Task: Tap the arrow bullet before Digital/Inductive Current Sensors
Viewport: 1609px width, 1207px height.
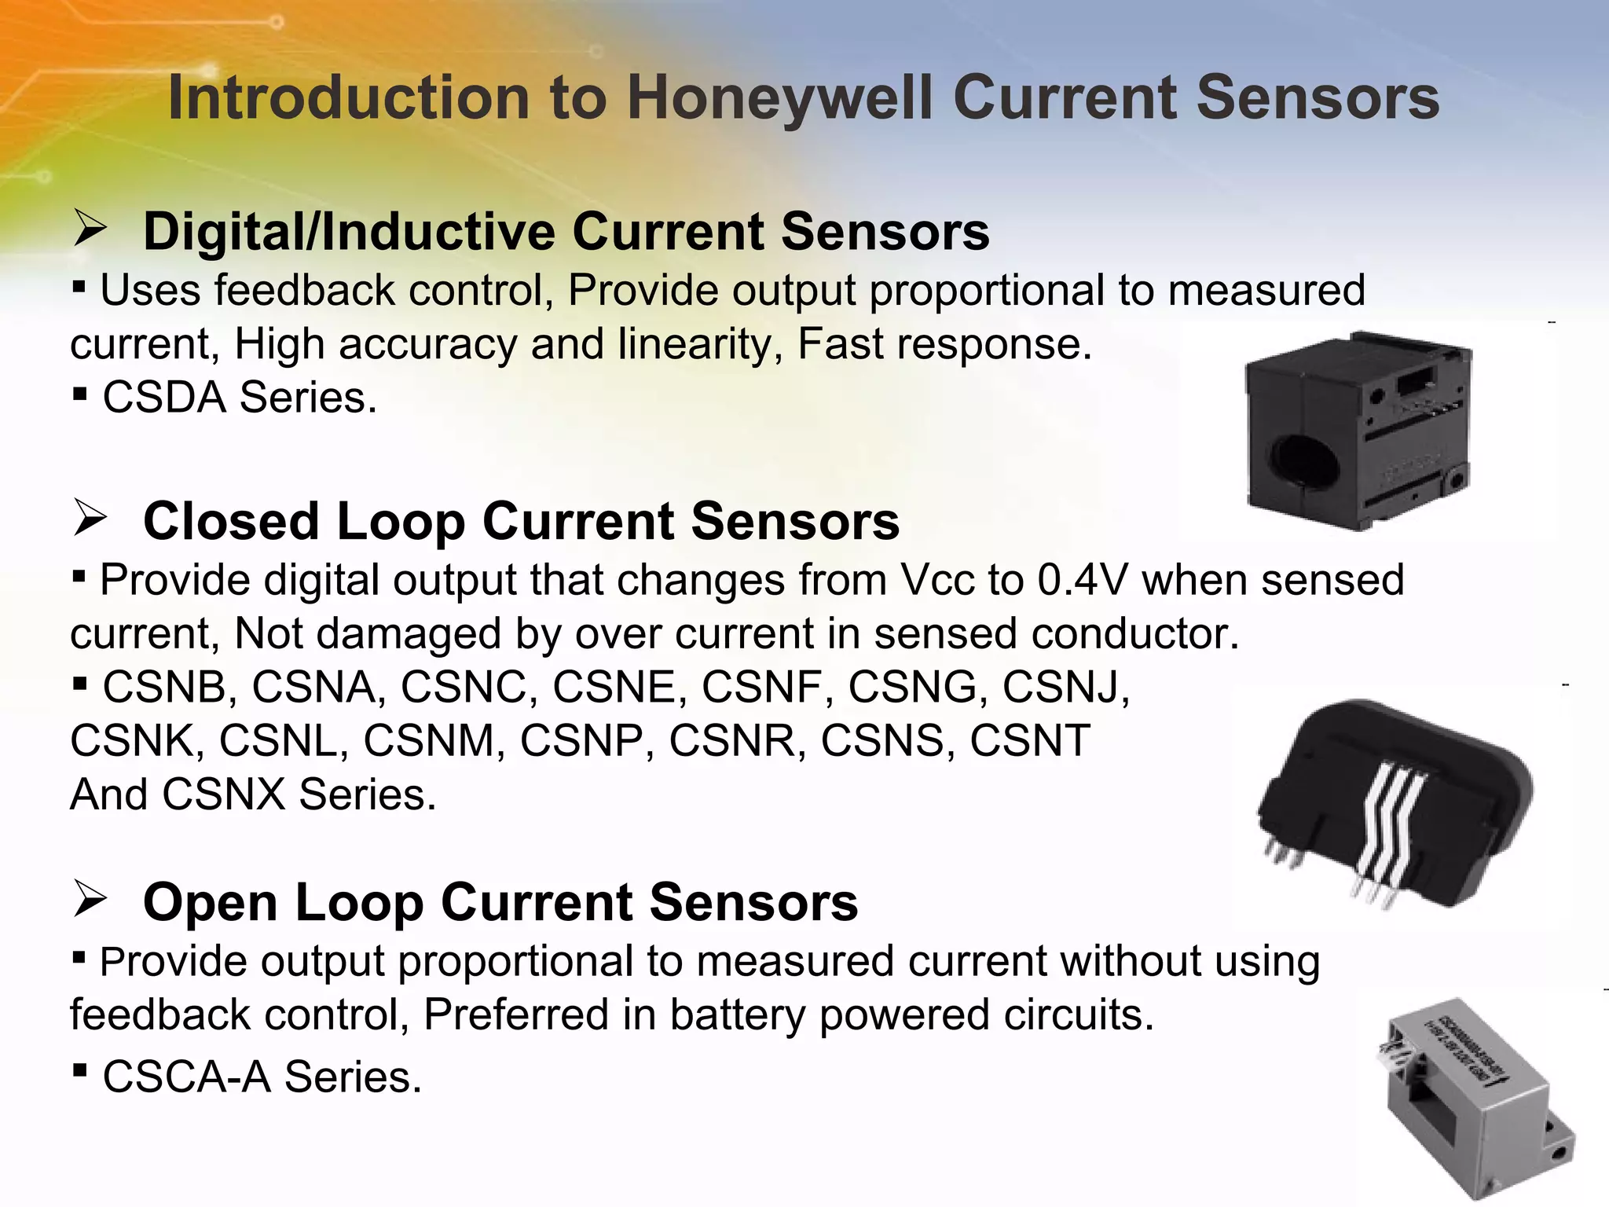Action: [90, 230]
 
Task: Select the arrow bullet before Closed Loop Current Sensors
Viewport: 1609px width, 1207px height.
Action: [90, 519]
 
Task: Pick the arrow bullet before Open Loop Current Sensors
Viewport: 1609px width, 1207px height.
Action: [90, 900]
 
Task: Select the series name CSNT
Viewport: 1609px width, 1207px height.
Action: [1030, 741]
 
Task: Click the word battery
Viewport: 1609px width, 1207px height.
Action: [735, 1014]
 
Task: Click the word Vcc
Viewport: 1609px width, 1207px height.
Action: [937, 581]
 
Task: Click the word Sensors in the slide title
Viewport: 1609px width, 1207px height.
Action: [1318, 99]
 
